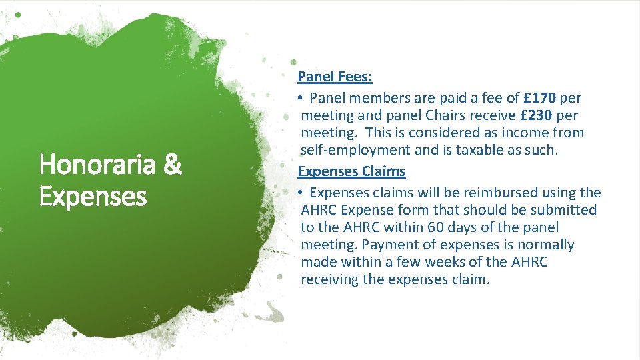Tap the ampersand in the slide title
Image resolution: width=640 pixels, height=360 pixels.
tap(172, 164)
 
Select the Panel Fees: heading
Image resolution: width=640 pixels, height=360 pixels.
tap(335, 77)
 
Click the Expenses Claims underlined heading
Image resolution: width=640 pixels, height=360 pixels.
tap(351, 171)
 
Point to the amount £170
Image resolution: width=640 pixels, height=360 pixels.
tap(540, 98)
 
